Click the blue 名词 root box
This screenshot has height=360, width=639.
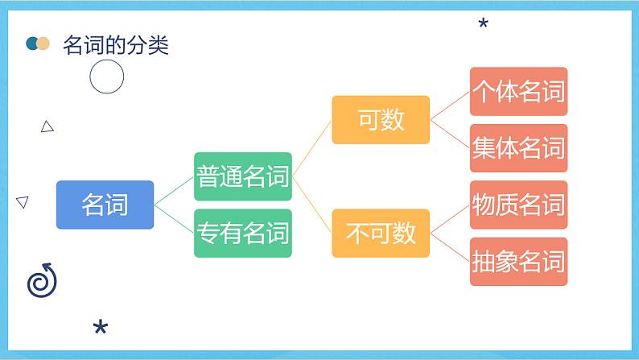tap(105, 205)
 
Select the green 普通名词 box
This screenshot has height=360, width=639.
tap(242, 176)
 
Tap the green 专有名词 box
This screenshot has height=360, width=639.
tap(242, 233)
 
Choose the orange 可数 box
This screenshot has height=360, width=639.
tap(381, 120)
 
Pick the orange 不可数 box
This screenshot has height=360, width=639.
tap(381, 233)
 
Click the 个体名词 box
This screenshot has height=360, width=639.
tap(518, 91)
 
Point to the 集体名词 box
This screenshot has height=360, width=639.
tap(518, 148)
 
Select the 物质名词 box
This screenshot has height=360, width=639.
tap(518, 205)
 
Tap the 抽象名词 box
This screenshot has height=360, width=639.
tap(518, 262)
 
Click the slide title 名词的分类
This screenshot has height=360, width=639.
tap(116, 45)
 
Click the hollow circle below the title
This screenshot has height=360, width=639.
tap(106, 78)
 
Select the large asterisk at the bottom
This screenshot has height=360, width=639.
tap(101, 327)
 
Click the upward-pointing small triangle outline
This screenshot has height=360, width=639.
tap(47, 126)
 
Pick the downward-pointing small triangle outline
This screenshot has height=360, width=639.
tap(23, 202)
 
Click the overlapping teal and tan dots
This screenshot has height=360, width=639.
tap(38, 43)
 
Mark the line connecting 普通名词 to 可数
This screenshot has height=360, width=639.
tap(312, 148)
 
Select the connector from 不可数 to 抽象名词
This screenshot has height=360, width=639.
tap(450, 247)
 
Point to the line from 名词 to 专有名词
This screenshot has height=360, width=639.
tap(174, 219)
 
